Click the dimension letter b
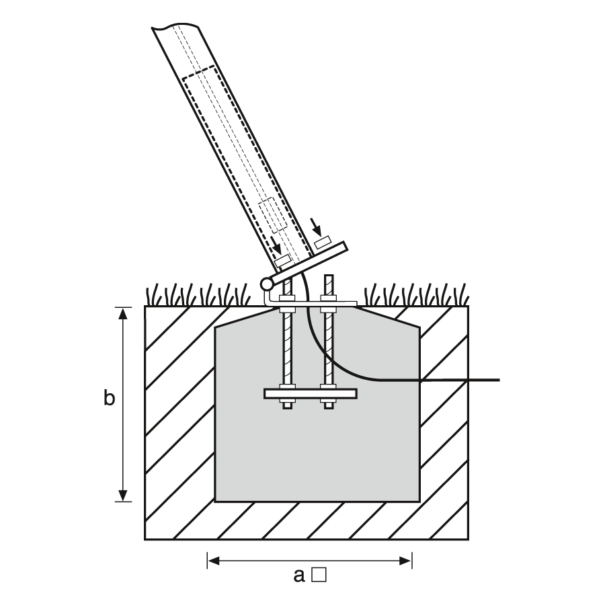tap(109, 398)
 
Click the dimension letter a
tap(299, 575)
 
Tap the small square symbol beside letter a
tap(319, 574)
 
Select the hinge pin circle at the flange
tap(267, 284)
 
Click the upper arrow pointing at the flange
tap(316, 227)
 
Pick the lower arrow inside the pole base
tap(276, 245)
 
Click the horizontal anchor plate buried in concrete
tap(311, 393)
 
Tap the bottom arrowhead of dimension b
tap(123, 495)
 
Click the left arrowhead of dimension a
tap(213, 561)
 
